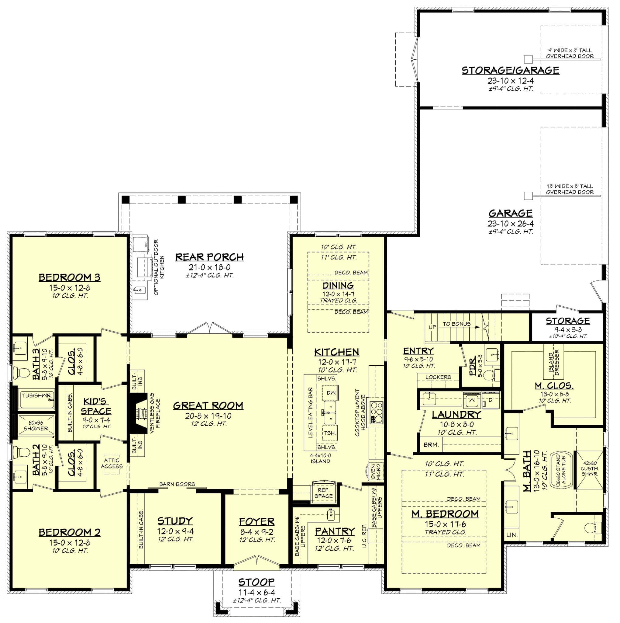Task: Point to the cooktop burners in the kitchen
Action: tap(376, 412)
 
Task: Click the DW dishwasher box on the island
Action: tap(331, 392)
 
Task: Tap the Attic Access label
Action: tap(112, 463)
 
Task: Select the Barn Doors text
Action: tap(177, 484)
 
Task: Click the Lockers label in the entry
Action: tap(438, 377)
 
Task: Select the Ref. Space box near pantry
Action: tap(323, 493)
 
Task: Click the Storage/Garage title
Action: tap(511, 70)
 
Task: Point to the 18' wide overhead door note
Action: tap(570, 189)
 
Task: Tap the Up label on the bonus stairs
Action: tap(432, 327)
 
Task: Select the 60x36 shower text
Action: tap(36, 426)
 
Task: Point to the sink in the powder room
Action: tap(492, 354)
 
